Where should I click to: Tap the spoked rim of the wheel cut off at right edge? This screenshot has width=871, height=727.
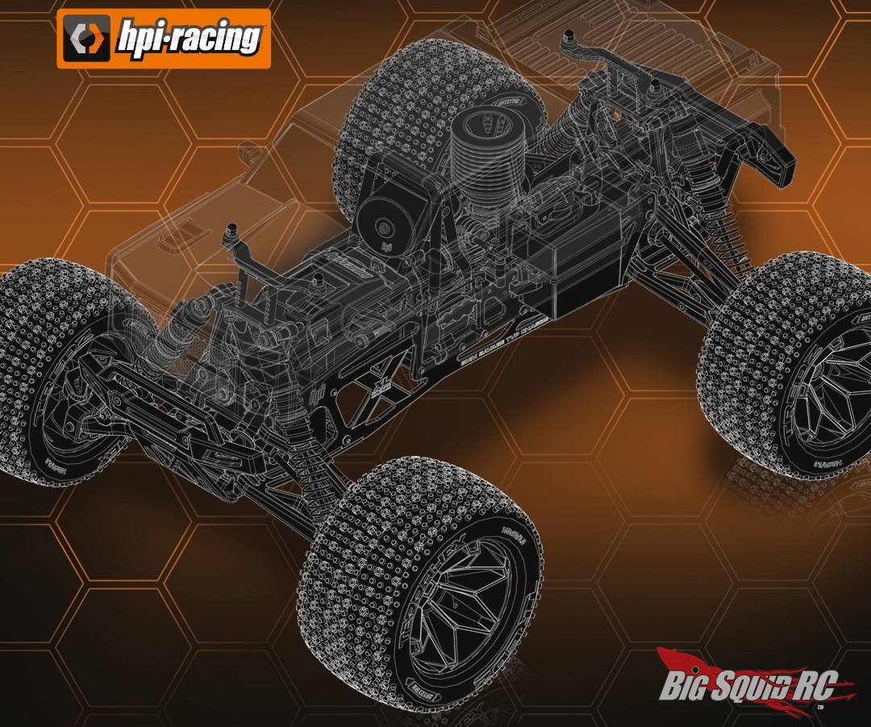(x=831, y=403)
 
